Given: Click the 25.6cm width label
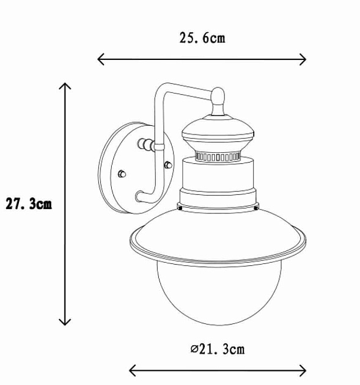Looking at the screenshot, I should pyautogui.click(x=202, y=38).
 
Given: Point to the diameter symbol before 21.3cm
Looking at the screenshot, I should pyautogui.click(x=194, y=350).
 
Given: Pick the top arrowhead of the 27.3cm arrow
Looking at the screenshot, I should pyautogui.click(x=65, y=86).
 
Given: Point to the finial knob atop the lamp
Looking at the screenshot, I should pyautogui.click(x=219, y=96).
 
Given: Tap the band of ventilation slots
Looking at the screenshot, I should pyautogui.click(x=218, y=158).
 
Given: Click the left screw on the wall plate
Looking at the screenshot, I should pyautogui.click(x=122, y=174).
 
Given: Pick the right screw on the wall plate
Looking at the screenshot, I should pyautogui.click(x=168, y=164).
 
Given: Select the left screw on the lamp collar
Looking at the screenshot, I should pyautogui.click(x=181, y=207).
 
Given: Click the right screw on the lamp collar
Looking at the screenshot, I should pyautogui.click(x=255, y=207).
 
